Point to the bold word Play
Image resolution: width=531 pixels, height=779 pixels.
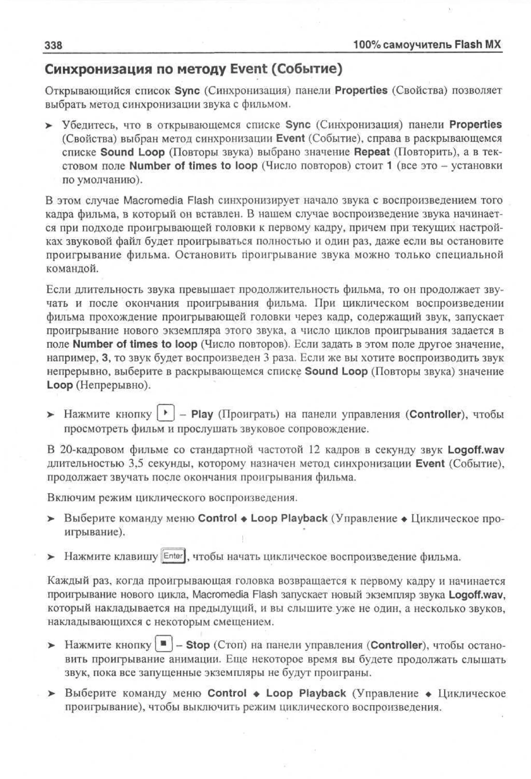coord(202,414)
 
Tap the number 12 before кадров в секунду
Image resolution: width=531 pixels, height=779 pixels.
coord(315,450)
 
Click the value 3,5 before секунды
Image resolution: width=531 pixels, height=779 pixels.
coord(136,464)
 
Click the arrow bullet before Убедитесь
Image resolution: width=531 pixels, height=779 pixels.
coord(50,126)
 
